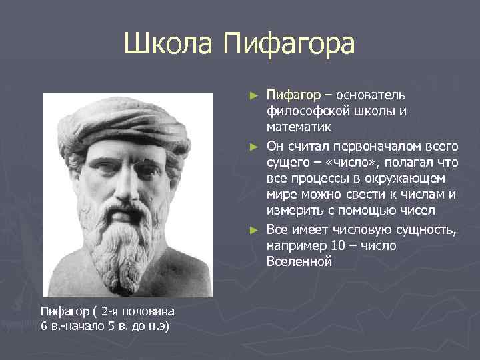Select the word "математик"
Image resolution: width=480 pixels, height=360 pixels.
pos(299,129)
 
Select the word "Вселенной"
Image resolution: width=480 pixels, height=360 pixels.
pos(299,262)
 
